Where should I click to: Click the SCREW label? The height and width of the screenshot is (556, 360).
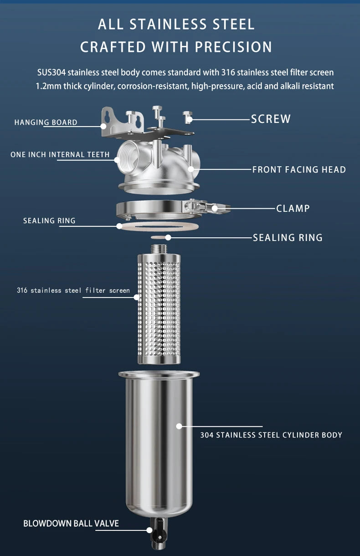click(271, 119)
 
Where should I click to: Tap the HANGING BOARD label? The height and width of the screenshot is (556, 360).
click(46, 122)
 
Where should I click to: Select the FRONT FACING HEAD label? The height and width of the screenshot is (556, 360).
click(299, 170)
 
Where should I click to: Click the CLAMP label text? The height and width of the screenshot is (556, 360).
click(293, 209)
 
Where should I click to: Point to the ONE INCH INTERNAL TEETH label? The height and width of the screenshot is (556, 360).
click(60, 155)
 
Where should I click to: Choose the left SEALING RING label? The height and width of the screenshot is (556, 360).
click(49, 221)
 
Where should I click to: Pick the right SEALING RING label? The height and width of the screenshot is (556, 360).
click(288, 237)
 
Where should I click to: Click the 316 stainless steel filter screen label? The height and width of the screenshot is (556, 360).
click(73, 291)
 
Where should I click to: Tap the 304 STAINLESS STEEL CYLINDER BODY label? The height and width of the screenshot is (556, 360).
click(271, 435)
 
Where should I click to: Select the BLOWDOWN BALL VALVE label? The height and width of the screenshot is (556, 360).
click(71, 523)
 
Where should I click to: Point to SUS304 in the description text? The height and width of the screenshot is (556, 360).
click(51, 72)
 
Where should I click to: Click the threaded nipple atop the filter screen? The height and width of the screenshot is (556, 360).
click(159, 249)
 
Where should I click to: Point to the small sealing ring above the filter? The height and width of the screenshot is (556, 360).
click(159, 237)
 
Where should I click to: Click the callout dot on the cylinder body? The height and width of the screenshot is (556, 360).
click(179, 426)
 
